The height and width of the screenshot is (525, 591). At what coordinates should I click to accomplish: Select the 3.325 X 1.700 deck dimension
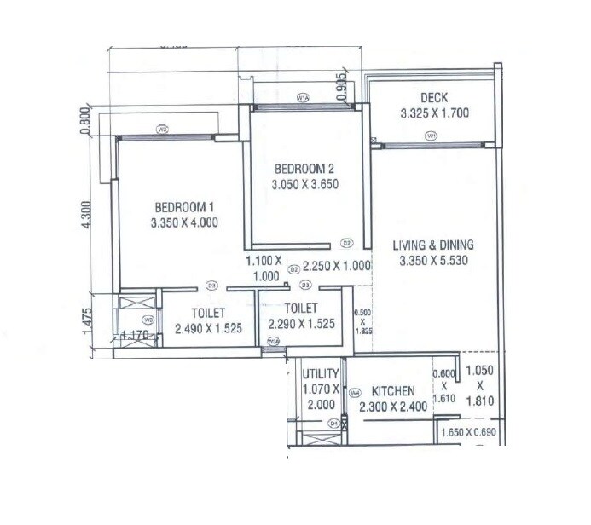click(x=435, y=112)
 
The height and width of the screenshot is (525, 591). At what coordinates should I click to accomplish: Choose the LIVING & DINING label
click(x=432, y=245)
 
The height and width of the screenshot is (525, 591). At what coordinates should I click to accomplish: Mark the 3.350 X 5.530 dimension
click(x=432, y=262)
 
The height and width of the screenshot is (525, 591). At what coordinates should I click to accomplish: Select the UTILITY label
click(x=322, y=373)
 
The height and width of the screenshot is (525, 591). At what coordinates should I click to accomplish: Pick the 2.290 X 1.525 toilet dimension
click(x=300, y=324)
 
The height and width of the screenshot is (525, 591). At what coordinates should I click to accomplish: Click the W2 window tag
click(x=161, y=130)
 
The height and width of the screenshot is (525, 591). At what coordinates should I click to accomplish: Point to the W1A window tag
click(x=302, y=98)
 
